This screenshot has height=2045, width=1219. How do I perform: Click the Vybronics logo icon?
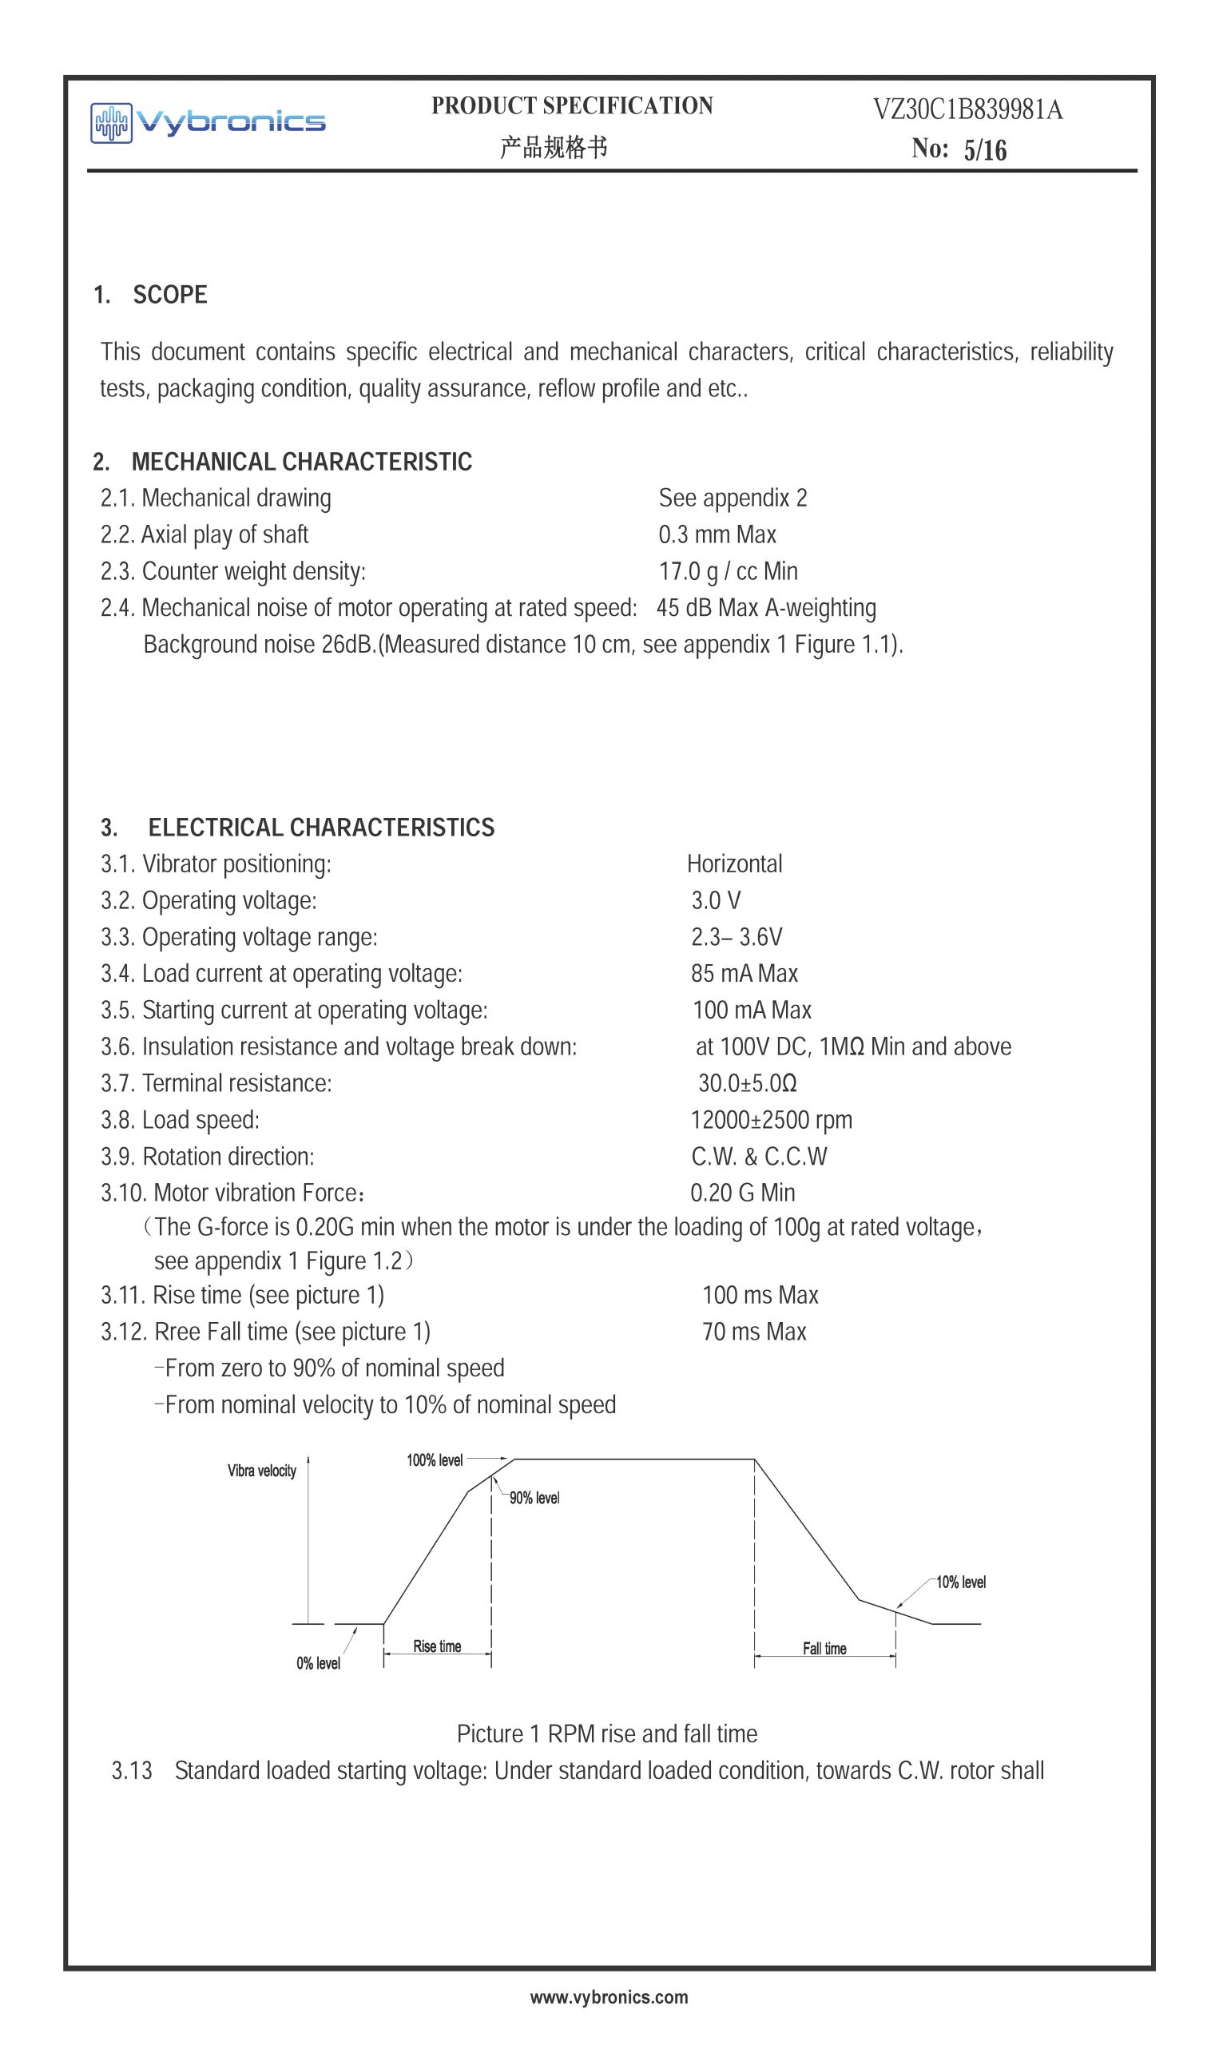click(111, 123)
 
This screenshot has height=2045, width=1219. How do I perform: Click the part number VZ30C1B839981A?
click(967, 109)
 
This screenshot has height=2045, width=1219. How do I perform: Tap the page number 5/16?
click(985, 150)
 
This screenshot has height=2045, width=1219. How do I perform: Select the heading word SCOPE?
click(170, 295)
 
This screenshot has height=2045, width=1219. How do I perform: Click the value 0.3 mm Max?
click(717, 534)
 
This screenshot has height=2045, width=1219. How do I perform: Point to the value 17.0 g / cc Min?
click(728, 571)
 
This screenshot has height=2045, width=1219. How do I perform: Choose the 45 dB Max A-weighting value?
click(765, 608)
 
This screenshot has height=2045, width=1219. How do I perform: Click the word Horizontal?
click(734, 864)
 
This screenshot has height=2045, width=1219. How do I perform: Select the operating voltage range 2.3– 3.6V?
click(736, 937)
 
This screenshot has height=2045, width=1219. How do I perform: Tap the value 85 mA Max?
click(744, 973)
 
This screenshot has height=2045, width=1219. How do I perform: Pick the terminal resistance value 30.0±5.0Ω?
click(747, 1083)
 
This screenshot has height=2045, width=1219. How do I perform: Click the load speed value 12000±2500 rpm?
click(771, 1119)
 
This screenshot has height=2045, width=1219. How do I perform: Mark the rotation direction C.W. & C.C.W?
click(758, 1157)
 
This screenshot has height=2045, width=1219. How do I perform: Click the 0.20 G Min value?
click(742, 1193)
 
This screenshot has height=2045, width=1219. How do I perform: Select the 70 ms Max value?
click(753, 1332)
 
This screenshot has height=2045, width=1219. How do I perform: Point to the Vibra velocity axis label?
click(262, 1471)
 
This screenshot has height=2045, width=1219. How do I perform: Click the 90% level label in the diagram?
click(534, 1498)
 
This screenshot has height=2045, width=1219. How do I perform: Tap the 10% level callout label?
click(960, 1582)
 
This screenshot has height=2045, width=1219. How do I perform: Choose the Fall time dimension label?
click(824, 1648)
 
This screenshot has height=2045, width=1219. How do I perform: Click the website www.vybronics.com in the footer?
click(609, 1997)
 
